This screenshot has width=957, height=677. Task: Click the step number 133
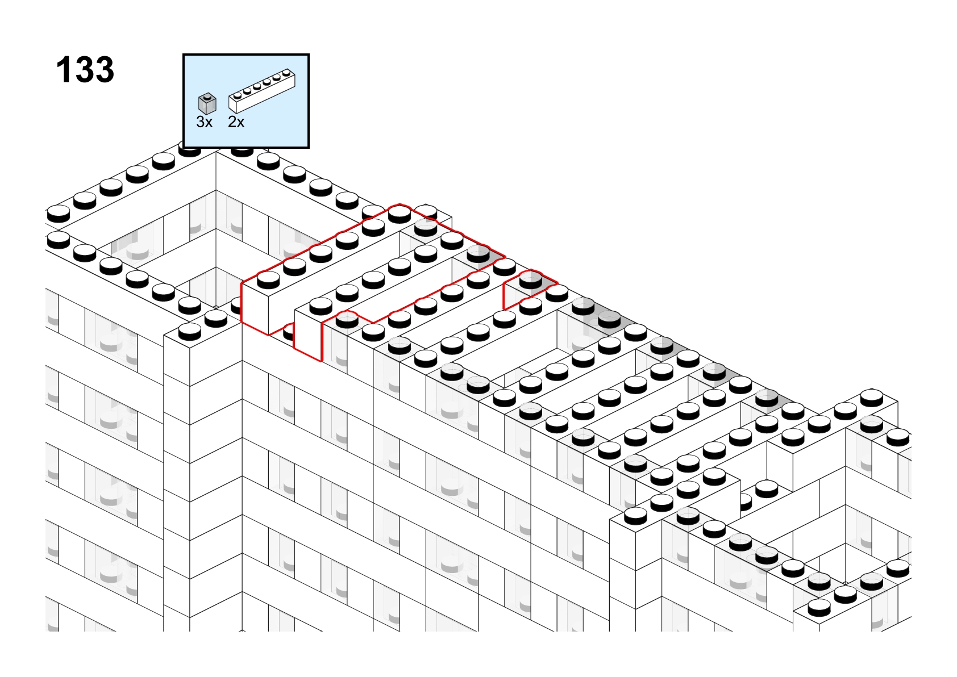85,69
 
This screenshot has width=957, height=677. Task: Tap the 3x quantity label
204,122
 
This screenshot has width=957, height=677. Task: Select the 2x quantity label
236,122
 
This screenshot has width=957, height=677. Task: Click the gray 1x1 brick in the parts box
207,104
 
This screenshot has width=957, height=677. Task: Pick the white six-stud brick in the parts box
262,91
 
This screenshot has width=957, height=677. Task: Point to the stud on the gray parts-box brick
207,95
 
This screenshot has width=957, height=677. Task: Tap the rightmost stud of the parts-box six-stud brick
286,72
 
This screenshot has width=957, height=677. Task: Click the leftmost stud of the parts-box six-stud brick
238,95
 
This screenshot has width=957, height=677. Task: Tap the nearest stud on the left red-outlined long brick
268,279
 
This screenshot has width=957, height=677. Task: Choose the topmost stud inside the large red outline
400,214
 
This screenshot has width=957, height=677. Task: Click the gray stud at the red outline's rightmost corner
478,254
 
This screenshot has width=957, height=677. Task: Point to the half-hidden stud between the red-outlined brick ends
289,332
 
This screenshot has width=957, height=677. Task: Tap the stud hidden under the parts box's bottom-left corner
189,151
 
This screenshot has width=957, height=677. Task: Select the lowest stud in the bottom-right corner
819,607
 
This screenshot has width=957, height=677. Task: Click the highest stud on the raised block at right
872,398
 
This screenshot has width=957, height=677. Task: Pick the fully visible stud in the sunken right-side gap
767,489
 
